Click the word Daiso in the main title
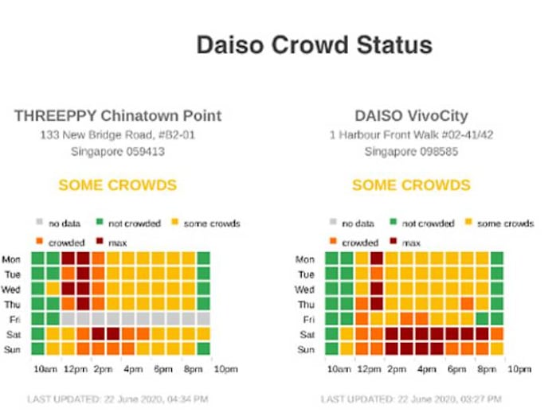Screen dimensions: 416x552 [x=234, y=45]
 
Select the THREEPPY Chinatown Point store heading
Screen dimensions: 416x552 [x=118, y=115]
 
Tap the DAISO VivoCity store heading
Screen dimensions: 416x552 [x=411, y=115]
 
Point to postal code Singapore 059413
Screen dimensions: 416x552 [x=118, y=151]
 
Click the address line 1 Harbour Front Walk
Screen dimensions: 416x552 [x=411, y=135]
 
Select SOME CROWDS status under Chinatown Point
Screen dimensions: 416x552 [x=118, y=185]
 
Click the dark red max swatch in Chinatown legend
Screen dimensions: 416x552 [x=100, y=242]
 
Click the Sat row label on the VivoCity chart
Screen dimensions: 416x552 [x=307, y=335]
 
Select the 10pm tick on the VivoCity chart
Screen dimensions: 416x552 [x=519, y=369]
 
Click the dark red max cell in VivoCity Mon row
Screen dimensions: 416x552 [x=376, y=259]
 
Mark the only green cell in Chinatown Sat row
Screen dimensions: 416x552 [x=37, y=334]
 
